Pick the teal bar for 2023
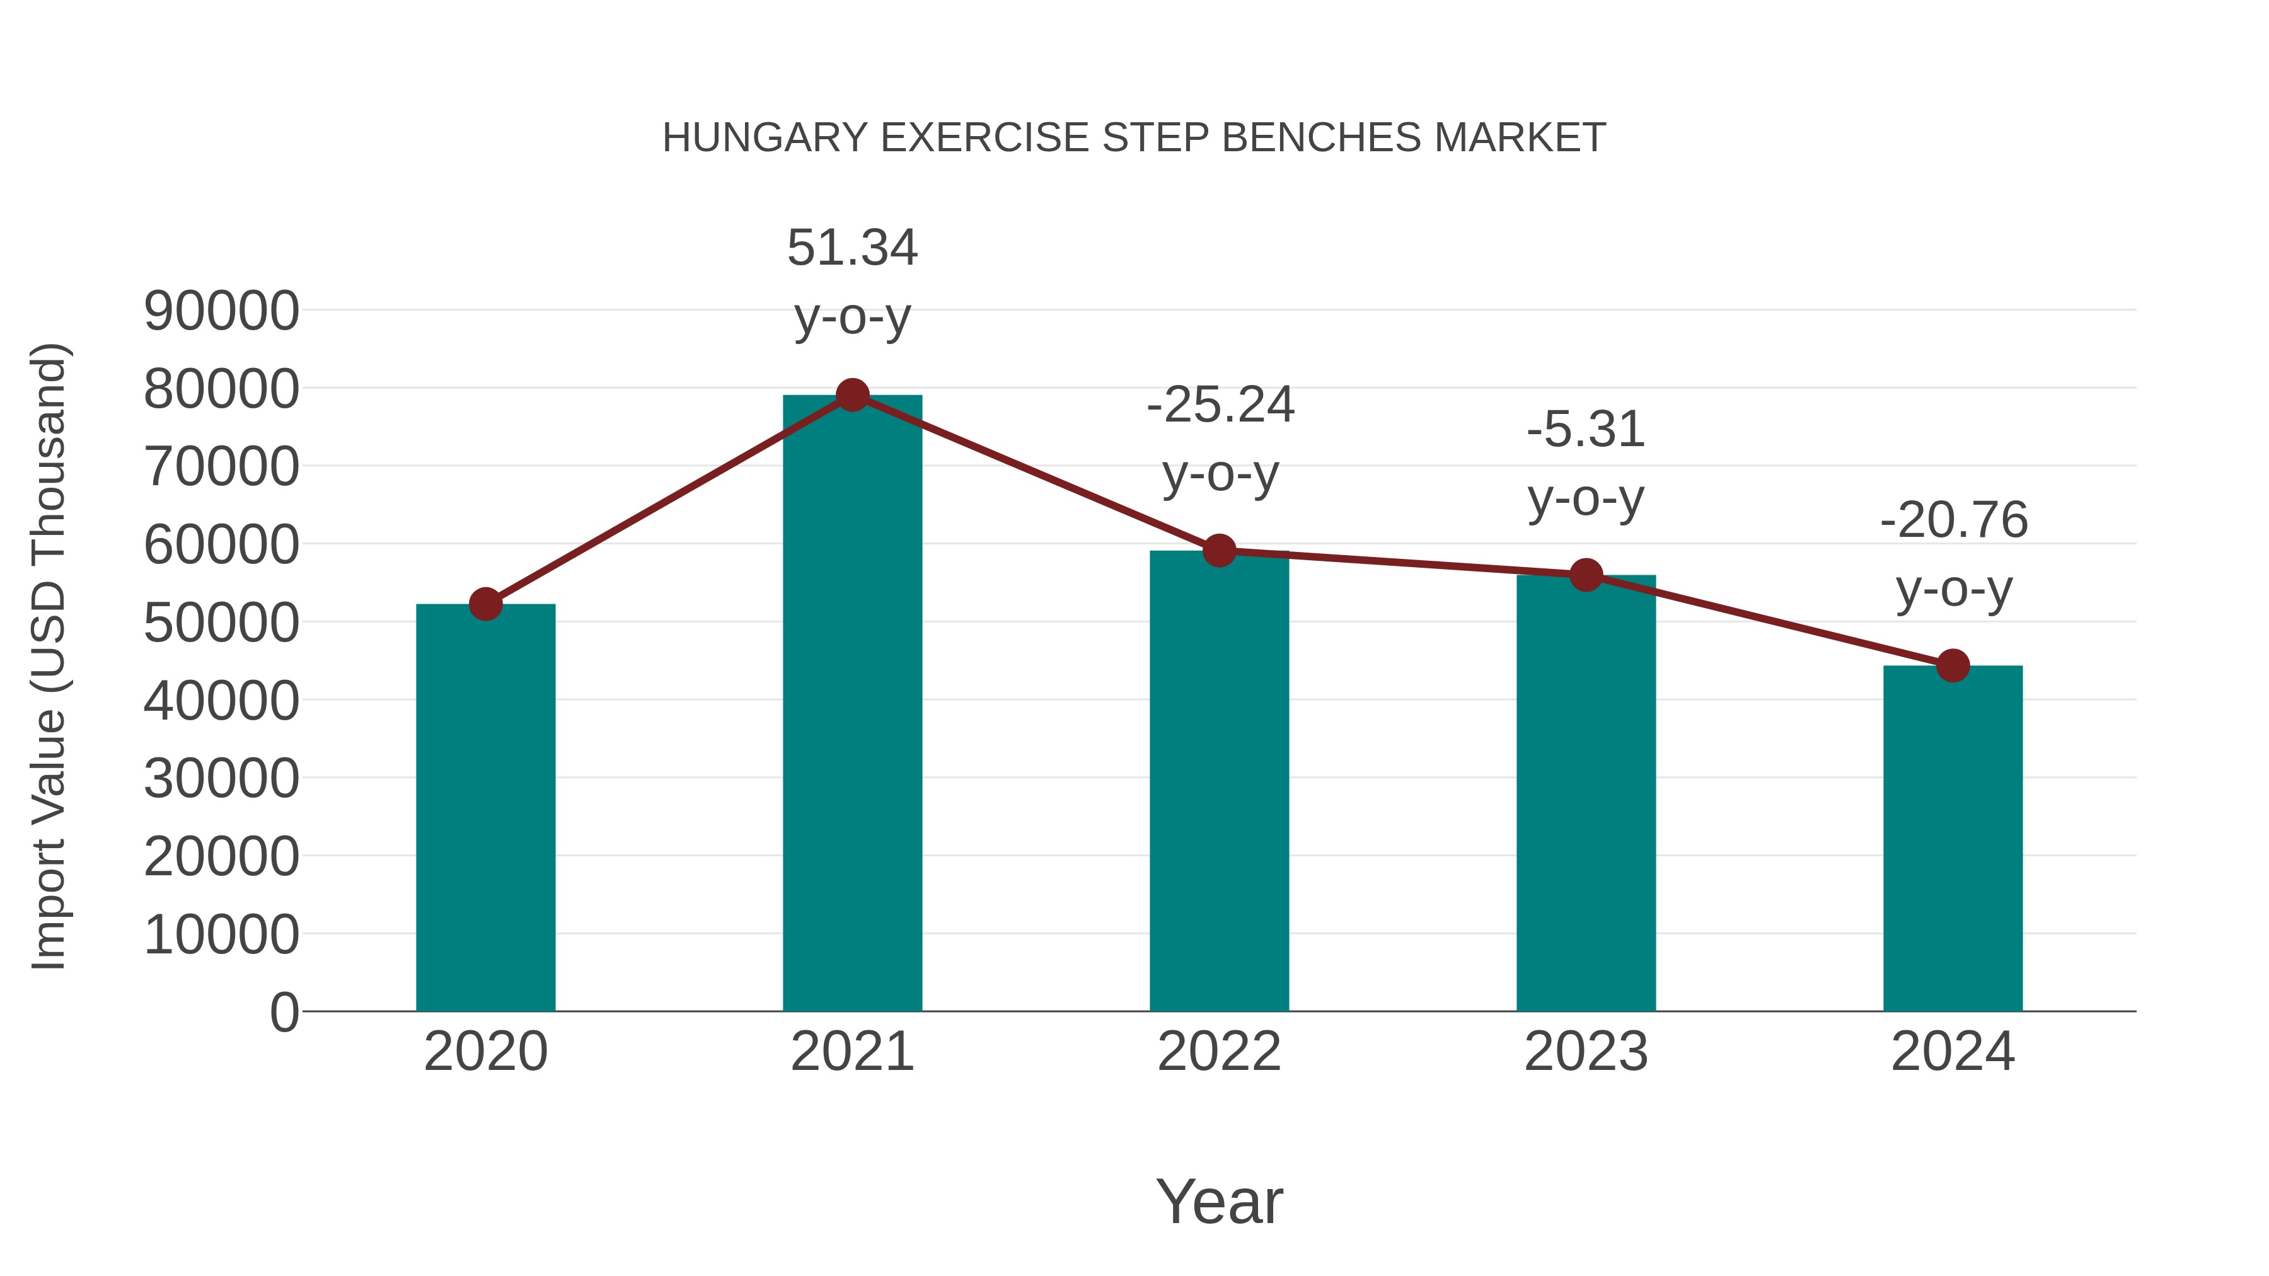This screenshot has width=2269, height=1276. click(1586, 793)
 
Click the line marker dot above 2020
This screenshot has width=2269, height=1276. click(485, 604)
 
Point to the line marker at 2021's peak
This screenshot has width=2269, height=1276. click(852, 395)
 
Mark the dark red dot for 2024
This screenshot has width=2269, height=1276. click(1952, 666)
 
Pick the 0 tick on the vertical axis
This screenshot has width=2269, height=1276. click(284, 1012)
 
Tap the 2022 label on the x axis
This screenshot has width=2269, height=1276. click(1219, 1052)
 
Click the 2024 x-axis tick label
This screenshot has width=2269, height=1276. click(1952, 1052)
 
